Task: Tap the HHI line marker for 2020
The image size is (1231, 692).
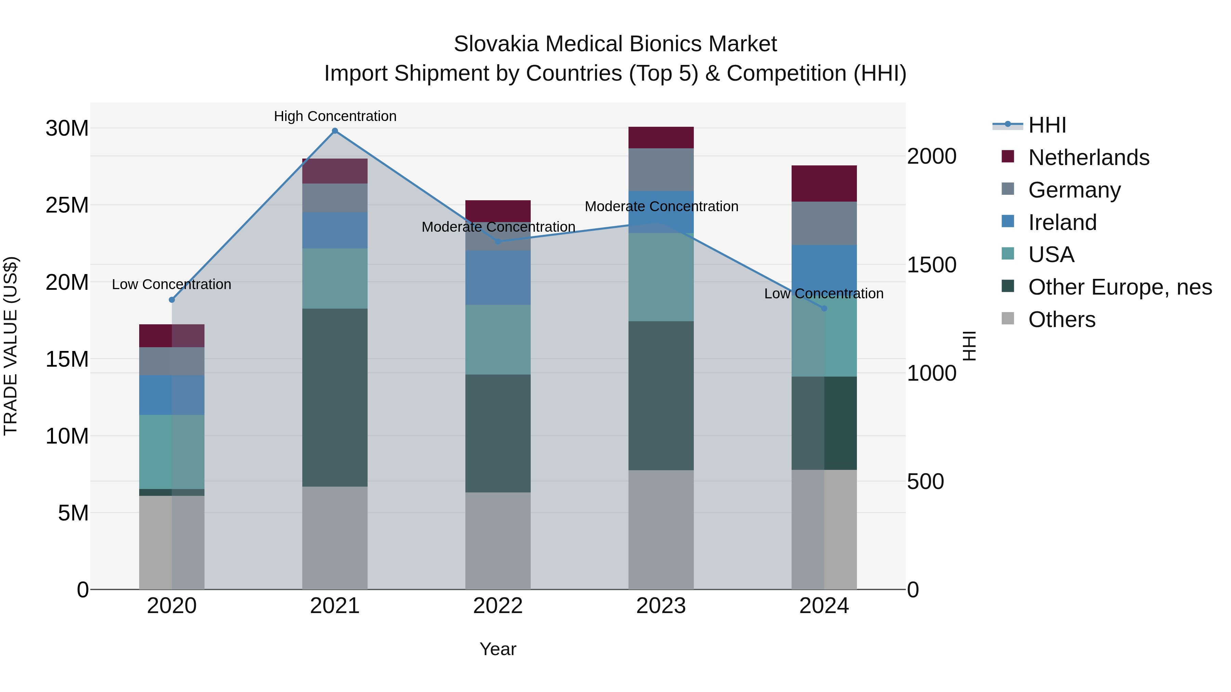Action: pos(172,300)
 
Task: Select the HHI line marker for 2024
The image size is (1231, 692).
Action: pos(824,309)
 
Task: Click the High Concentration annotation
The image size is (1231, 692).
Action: pos(335,116)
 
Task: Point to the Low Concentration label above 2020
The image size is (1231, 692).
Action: pos(172,284)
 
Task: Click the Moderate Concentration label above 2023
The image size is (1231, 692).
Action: pos(661,206)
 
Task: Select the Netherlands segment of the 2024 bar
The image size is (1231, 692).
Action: pos(824,184)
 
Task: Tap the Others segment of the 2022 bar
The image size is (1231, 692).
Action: pos(498,541)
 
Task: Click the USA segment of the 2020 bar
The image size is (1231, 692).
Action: pos(172,452)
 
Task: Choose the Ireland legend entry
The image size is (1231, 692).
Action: pos(1062,222)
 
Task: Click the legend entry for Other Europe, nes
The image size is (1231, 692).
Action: pos(1120,287)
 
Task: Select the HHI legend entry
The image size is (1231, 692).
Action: pos(1047,125)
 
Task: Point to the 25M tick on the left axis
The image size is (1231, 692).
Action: pos(67,205)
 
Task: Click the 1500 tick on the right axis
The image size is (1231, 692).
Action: pos(931,265)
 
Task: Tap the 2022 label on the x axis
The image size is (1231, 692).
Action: pos(498,606)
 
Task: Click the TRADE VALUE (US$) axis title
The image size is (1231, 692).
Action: pos(11,346)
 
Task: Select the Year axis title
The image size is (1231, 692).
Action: pos(498,649)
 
